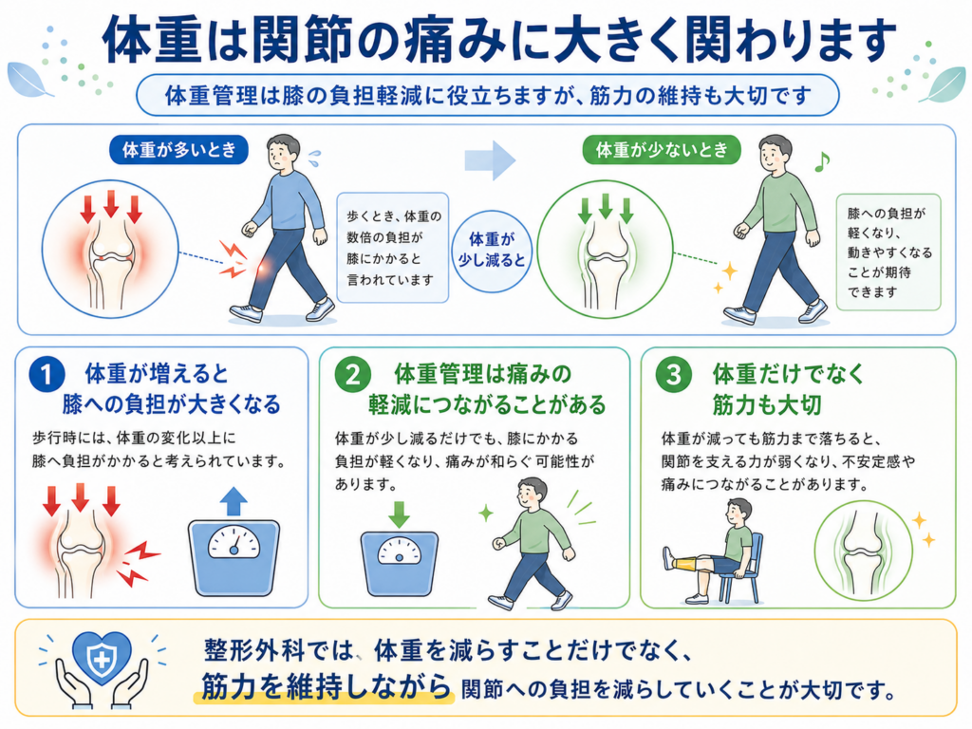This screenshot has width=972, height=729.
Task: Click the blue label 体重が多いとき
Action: pos(178,150)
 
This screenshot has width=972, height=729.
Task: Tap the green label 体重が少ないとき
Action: pos(662,150)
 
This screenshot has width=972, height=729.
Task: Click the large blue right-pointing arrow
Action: pos(490,159)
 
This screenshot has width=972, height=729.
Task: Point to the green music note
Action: pos(821,161)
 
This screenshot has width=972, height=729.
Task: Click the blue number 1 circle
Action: pos(47,375)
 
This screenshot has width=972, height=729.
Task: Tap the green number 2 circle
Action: pos(353,375)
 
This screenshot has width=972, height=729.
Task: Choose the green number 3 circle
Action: pos(673,375)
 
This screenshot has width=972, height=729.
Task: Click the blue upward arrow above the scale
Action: pos(234,501)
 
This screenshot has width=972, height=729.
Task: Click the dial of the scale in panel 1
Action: pos(234,542)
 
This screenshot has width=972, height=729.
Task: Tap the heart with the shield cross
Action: pos(103,658)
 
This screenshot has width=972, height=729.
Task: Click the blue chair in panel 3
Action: pos(744,568)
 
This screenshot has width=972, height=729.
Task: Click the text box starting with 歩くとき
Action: pos(392,248)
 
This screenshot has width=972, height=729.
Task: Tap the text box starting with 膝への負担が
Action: pos(888,252)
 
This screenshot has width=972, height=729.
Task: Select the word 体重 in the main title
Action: pos(153,40)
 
